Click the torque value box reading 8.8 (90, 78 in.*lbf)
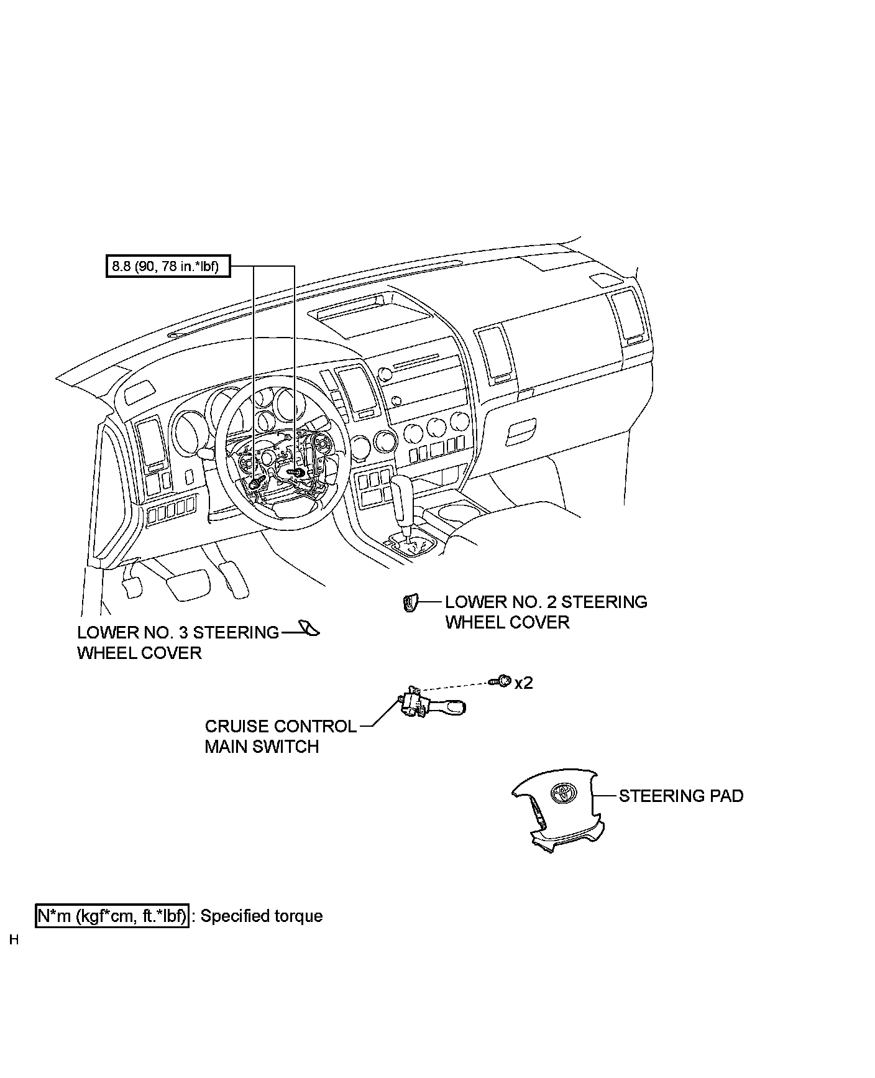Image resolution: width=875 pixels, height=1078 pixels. pyautogui.click(x=168, y=267)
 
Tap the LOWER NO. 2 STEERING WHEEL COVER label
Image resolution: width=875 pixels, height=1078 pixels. pyautogui.click(x=546, y=612)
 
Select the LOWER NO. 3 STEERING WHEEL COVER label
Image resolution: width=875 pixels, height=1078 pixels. pyautogui.click(x=178, y=642)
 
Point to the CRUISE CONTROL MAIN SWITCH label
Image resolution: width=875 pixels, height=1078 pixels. pyautogui.click(x=281, y=736)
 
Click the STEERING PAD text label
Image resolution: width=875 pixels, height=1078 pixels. pyautogui.click(x=681, y=796)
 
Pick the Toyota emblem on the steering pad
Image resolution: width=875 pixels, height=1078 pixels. pyautogui.click(x=564, y=791)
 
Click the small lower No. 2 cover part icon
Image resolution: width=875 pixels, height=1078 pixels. pyautogui.click(x=410, y=603)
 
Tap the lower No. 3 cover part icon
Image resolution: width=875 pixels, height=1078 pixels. pyautogui.click(x=309, y=629)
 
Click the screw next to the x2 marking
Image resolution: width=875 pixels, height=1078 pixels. pyautogui.click(x=503, y=682)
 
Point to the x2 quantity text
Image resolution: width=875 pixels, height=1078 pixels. pyautogui.click(x=524, y=683)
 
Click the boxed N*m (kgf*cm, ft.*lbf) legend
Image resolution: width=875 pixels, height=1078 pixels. pyautogui.click(x=112, y=916)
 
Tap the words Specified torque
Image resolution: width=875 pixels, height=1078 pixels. pyautogui.click(x=262, y=916)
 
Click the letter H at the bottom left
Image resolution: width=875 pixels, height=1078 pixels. pyautogui.click(x=14, y=940)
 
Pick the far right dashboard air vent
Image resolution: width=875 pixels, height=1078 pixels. pyautogui.click(x=626, y=317)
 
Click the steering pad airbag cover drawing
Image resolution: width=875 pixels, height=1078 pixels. pyautogui.click(x=557, y=808)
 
